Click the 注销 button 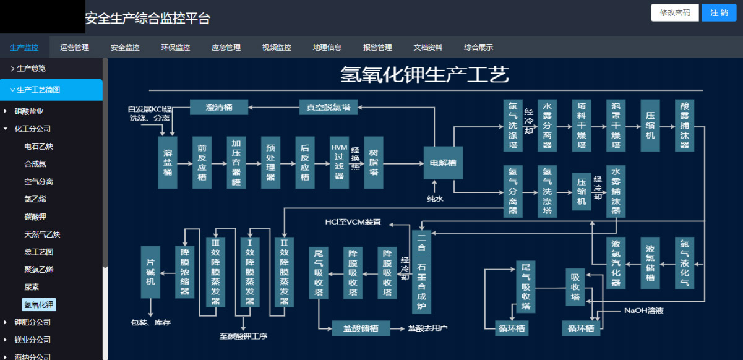718,13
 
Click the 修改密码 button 675,13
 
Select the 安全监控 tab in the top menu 125,48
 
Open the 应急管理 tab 226,48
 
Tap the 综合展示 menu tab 478,48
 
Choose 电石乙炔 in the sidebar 38,147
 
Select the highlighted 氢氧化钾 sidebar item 38,304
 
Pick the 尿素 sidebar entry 32,287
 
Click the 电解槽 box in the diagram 443,163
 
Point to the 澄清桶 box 219,107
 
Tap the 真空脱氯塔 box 329,107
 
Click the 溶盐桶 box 167,162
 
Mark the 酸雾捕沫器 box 684,125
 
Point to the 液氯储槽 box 650,263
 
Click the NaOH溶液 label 643,311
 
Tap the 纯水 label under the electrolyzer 435,199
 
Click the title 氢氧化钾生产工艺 424,75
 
